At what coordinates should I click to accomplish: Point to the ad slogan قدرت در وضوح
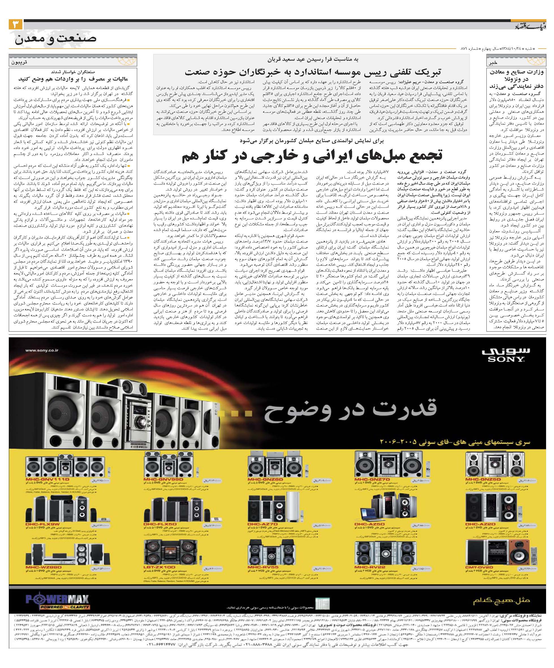pyautogui.click(x=350, y=409)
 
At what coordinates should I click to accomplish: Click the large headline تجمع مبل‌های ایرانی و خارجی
pyautogui.click(x=312, y=156)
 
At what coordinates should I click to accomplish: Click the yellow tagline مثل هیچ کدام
pyautogui.click(x=501, y=601)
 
